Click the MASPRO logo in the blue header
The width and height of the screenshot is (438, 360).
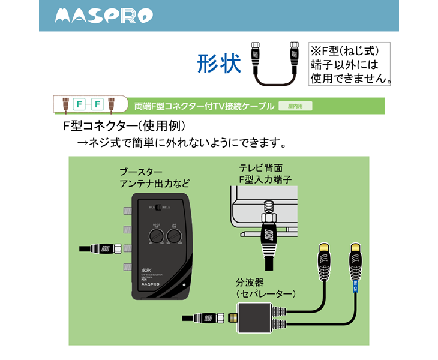click(x=103, y=16)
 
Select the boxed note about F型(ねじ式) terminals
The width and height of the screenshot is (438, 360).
click(x=350, y=63)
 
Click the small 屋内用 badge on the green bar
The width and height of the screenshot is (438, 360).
click(x=295, y=106)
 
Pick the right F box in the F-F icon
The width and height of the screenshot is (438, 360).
click(x=97, y=104)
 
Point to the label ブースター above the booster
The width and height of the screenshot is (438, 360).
click(x=142, y=172)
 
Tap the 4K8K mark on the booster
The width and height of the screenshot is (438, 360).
click(x=147, y=269)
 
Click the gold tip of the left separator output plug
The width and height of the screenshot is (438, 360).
click(x=324, y=247)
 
